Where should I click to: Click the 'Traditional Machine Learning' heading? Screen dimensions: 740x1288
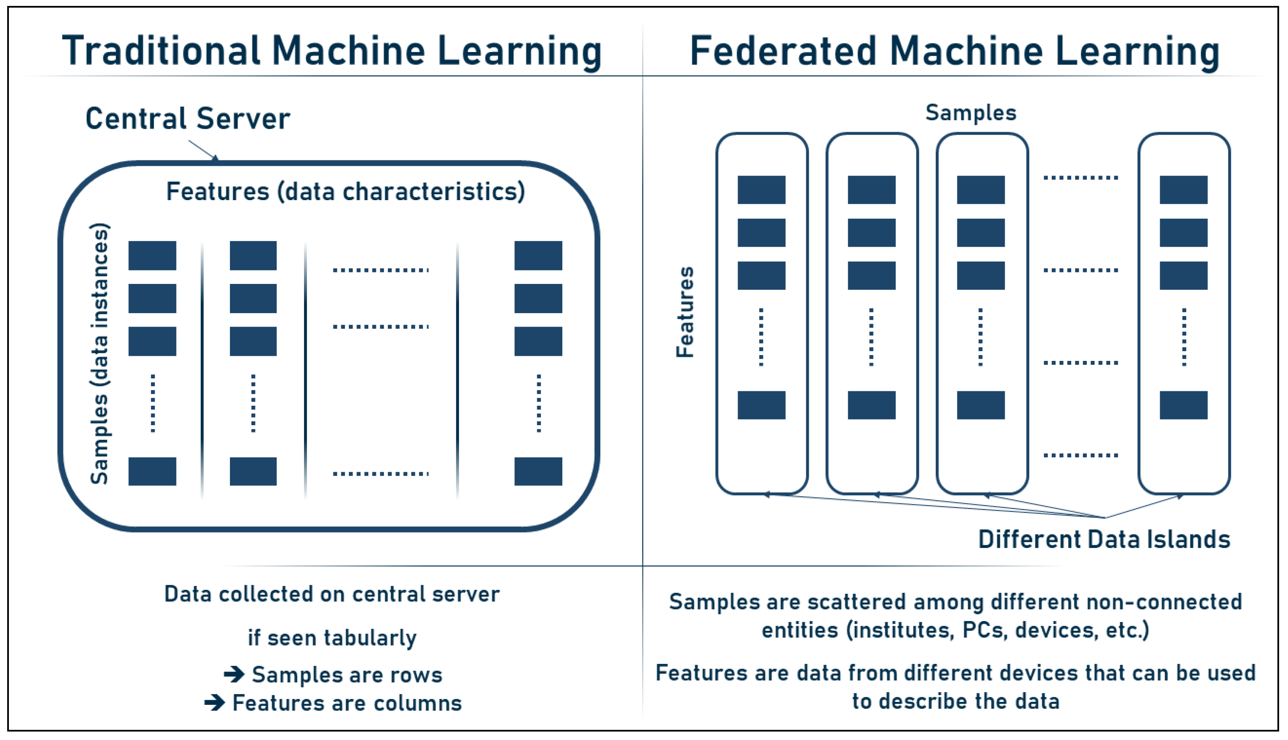coord(332,51)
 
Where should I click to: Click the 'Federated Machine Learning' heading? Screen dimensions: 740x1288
coord(954,51)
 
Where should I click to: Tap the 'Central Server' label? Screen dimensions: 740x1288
coord(187,119)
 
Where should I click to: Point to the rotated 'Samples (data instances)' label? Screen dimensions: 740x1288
coord(99,354)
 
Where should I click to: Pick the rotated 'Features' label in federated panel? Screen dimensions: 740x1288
coord(684,312)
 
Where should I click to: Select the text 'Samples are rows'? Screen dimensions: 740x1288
coord(347,675)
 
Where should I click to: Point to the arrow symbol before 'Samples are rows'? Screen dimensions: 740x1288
coord(234,674)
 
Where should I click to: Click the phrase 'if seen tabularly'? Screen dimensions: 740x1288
coord(332,637)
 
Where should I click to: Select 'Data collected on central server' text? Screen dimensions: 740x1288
coord(332,594)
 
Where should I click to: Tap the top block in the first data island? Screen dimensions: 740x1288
coord(761,190)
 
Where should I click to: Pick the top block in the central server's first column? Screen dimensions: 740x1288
coord(152,256)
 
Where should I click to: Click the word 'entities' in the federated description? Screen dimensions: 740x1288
coord(799,631)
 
